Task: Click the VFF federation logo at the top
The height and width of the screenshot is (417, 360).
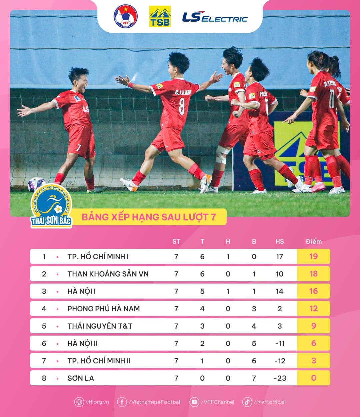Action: click(x=126, y=16)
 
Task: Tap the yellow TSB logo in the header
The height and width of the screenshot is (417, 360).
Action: click(x=160, y=16)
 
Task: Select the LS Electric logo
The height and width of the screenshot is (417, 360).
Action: click(x=215, y=17)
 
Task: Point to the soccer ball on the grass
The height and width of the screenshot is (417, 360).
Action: click(x=36, y=184)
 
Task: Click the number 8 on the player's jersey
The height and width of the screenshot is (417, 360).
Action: click(x=182, y=106)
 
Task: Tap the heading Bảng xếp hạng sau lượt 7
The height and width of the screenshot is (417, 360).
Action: click(x=149, y=217)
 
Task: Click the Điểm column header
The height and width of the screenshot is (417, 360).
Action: click(x=314, y=242)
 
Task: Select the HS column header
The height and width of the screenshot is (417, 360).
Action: click(x=280, y=242)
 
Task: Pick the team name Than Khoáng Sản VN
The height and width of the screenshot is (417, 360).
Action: click(x=108, y=274)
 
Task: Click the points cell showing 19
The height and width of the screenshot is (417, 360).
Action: click(x=313, y=257)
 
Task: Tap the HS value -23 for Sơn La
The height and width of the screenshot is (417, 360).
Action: click(x=279, y=378)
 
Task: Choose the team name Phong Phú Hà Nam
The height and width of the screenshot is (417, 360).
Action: click(x=104, y=309)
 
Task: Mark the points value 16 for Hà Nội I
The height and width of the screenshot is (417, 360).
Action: click(x=313, y=291)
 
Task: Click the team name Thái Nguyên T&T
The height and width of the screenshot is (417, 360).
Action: click(x=100, y=326)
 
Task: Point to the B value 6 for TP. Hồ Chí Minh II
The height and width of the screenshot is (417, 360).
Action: click(x=254, y=361)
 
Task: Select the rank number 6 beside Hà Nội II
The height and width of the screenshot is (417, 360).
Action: click(x=44, y=343)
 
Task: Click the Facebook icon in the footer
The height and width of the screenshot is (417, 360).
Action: click(x=122, y=402)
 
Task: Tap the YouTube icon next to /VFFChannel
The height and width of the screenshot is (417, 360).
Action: click(x=194, y=402)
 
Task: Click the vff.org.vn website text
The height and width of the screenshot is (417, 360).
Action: click(x=97, y=402)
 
